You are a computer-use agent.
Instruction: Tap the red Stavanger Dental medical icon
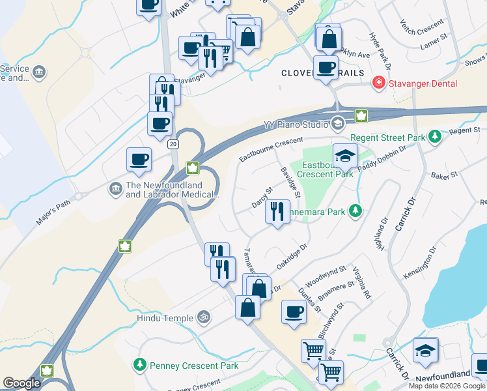pos(377,83)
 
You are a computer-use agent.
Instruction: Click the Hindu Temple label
pos(165,318)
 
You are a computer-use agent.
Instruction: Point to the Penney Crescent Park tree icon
pos(139,365)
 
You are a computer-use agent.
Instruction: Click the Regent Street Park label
pos(387,138)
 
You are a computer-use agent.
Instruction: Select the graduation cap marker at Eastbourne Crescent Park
pos(345,156)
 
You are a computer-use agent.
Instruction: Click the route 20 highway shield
pos(172,143)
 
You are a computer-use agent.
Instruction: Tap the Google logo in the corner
pos(21,383)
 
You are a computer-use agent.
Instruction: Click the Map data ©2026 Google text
pos(447,386)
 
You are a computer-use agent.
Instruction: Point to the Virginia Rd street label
pos(362,282)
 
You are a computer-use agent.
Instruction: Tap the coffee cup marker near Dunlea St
pos(294,311)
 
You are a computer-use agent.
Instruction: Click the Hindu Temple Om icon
pos(203,317)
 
